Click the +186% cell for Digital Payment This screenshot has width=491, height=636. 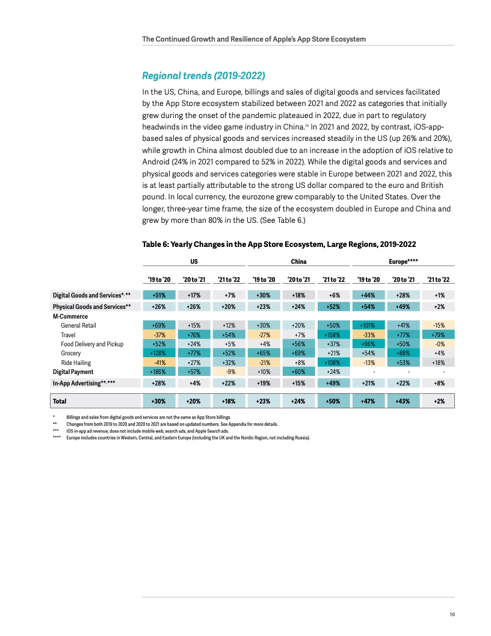[x=159, y=372]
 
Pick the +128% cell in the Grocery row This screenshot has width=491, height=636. [x=159, y=353]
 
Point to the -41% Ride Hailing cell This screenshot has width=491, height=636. [x=159, y=363]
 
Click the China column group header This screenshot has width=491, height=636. [x=298, y=261]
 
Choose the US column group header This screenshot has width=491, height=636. [x=194, y=261]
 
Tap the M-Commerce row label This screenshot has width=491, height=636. [x=70, y=316]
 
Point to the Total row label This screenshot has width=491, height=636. [x=60, y=401]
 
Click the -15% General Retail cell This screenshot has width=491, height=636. [x=439, y=325]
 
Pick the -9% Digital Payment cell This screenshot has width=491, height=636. [x=229, y=372]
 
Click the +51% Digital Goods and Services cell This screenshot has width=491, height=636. [x=159, y=295]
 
